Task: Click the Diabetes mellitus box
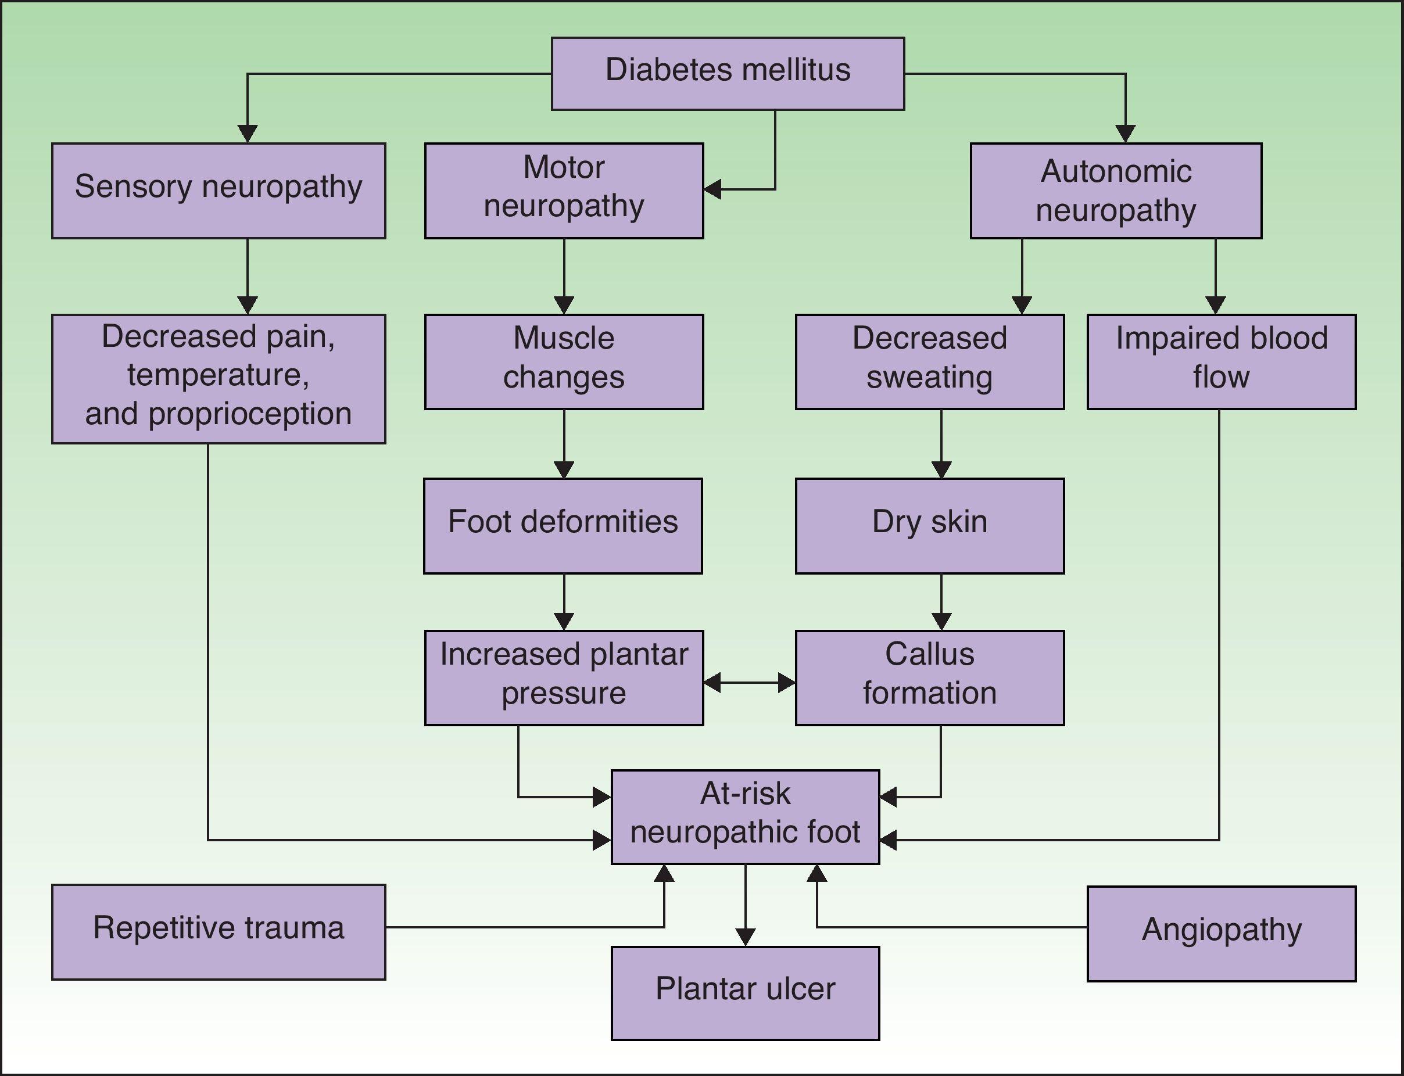coord(728,73)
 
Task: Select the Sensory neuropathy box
coord(219,190)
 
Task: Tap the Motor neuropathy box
coord(564,190)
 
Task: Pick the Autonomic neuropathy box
coord(1116,190)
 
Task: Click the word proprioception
coord(250,414)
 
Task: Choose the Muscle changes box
coord(564,361)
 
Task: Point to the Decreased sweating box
coord(929,361)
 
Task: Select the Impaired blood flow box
coord(1221,361)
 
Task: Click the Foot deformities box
coord(563,525)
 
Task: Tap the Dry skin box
coord(929,525)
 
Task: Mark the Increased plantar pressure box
coord(564,677)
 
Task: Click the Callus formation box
coord(929,677)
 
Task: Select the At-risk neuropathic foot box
coord(745,817)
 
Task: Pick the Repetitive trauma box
coord(219,932)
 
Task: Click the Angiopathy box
coord(1221,933)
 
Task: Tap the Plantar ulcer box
coord(745,993)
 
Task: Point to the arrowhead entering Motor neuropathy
coord(712,189)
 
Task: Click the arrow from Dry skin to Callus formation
coord(941,602)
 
